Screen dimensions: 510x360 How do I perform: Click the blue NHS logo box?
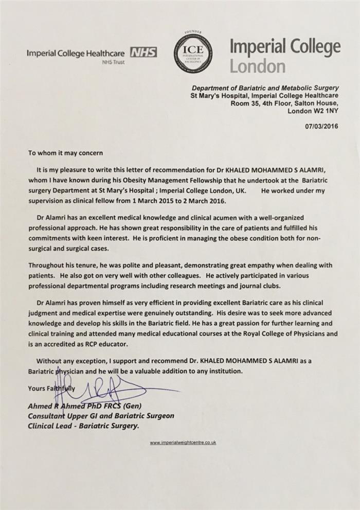coord(144,52)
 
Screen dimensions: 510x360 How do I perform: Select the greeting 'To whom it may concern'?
coord(65,153)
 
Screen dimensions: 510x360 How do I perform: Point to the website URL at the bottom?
coord(183,443)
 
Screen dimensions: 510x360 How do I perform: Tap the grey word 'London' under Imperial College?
coord(257,66)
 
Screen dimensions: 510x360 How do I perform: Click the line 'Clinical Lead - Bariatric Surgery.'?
coord(83,426)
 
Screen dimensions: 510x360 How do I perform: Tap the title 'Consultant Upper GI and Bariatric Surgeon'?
coord(101,416)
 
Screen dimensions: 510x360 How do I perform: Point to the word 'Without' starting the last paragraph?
coord(50,361)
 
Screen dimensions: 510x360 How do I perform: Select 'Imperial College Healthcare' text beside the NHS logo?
coord(76,53)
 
